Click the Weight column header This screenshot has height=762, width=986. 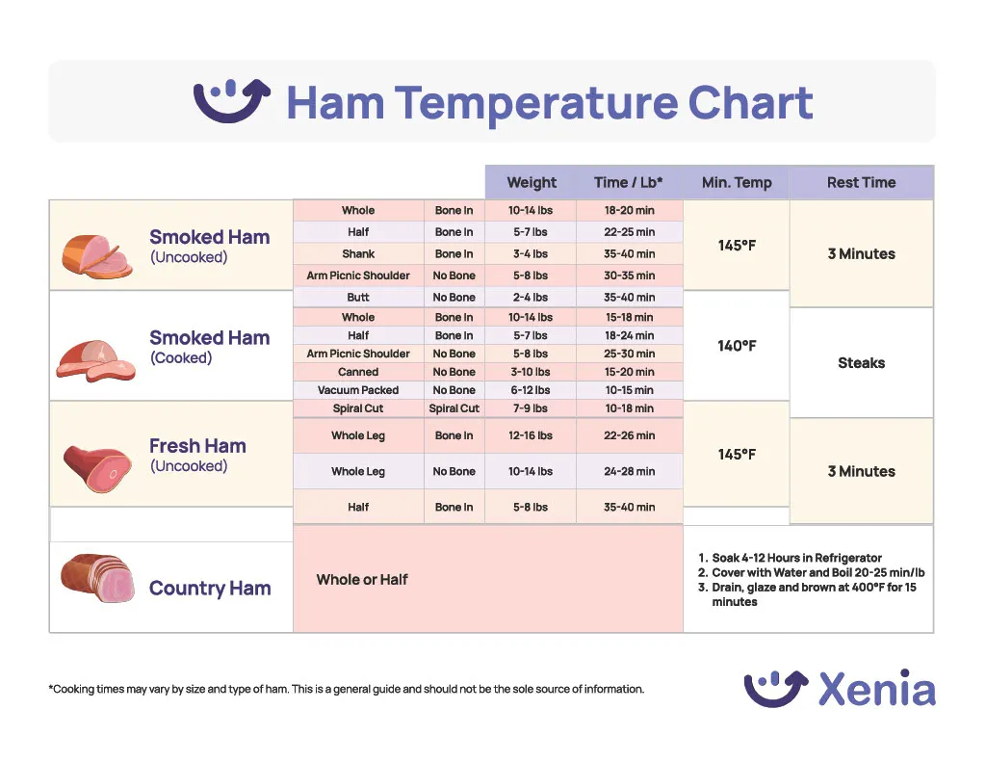(532, 182)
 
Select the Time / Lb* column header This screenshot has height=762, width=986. (628, 182)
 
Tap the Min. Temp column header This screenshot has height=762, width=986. (737, 182)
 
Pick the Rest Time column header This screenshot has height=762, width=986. (861, 182)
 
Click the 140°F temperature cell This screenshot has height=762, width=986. (737, 346)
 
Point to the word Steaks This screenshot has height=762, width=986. (861, 363)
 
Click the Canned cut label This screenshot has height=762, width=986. (358, 372)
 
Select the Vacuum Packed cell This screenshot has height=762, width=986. (358, 390)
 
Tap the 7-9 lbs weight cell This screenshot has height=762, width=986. (530, 408)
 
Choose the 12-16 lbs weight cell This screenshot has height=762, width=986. (530, 435)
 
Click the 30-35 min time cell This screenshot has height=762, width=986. (629, 276)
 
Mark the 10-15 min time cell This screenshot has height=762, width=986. (629, 390)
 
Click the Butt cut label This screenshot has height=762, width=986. (358, 298)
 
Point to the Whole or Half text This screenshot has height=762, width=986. (362, 580)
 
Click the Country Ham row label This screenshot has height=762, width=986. (210, 589)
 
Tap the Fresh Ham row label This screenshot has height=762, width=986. (197, 446)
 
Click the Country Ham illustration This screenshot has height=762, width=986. (98, 578)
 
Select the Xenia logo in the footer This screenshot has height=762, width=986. (839, 689)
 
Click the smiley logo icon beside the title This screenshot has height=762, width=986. (231, 101)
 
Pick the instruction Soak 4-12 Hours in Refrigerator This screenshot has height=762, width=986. (796, 558)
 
